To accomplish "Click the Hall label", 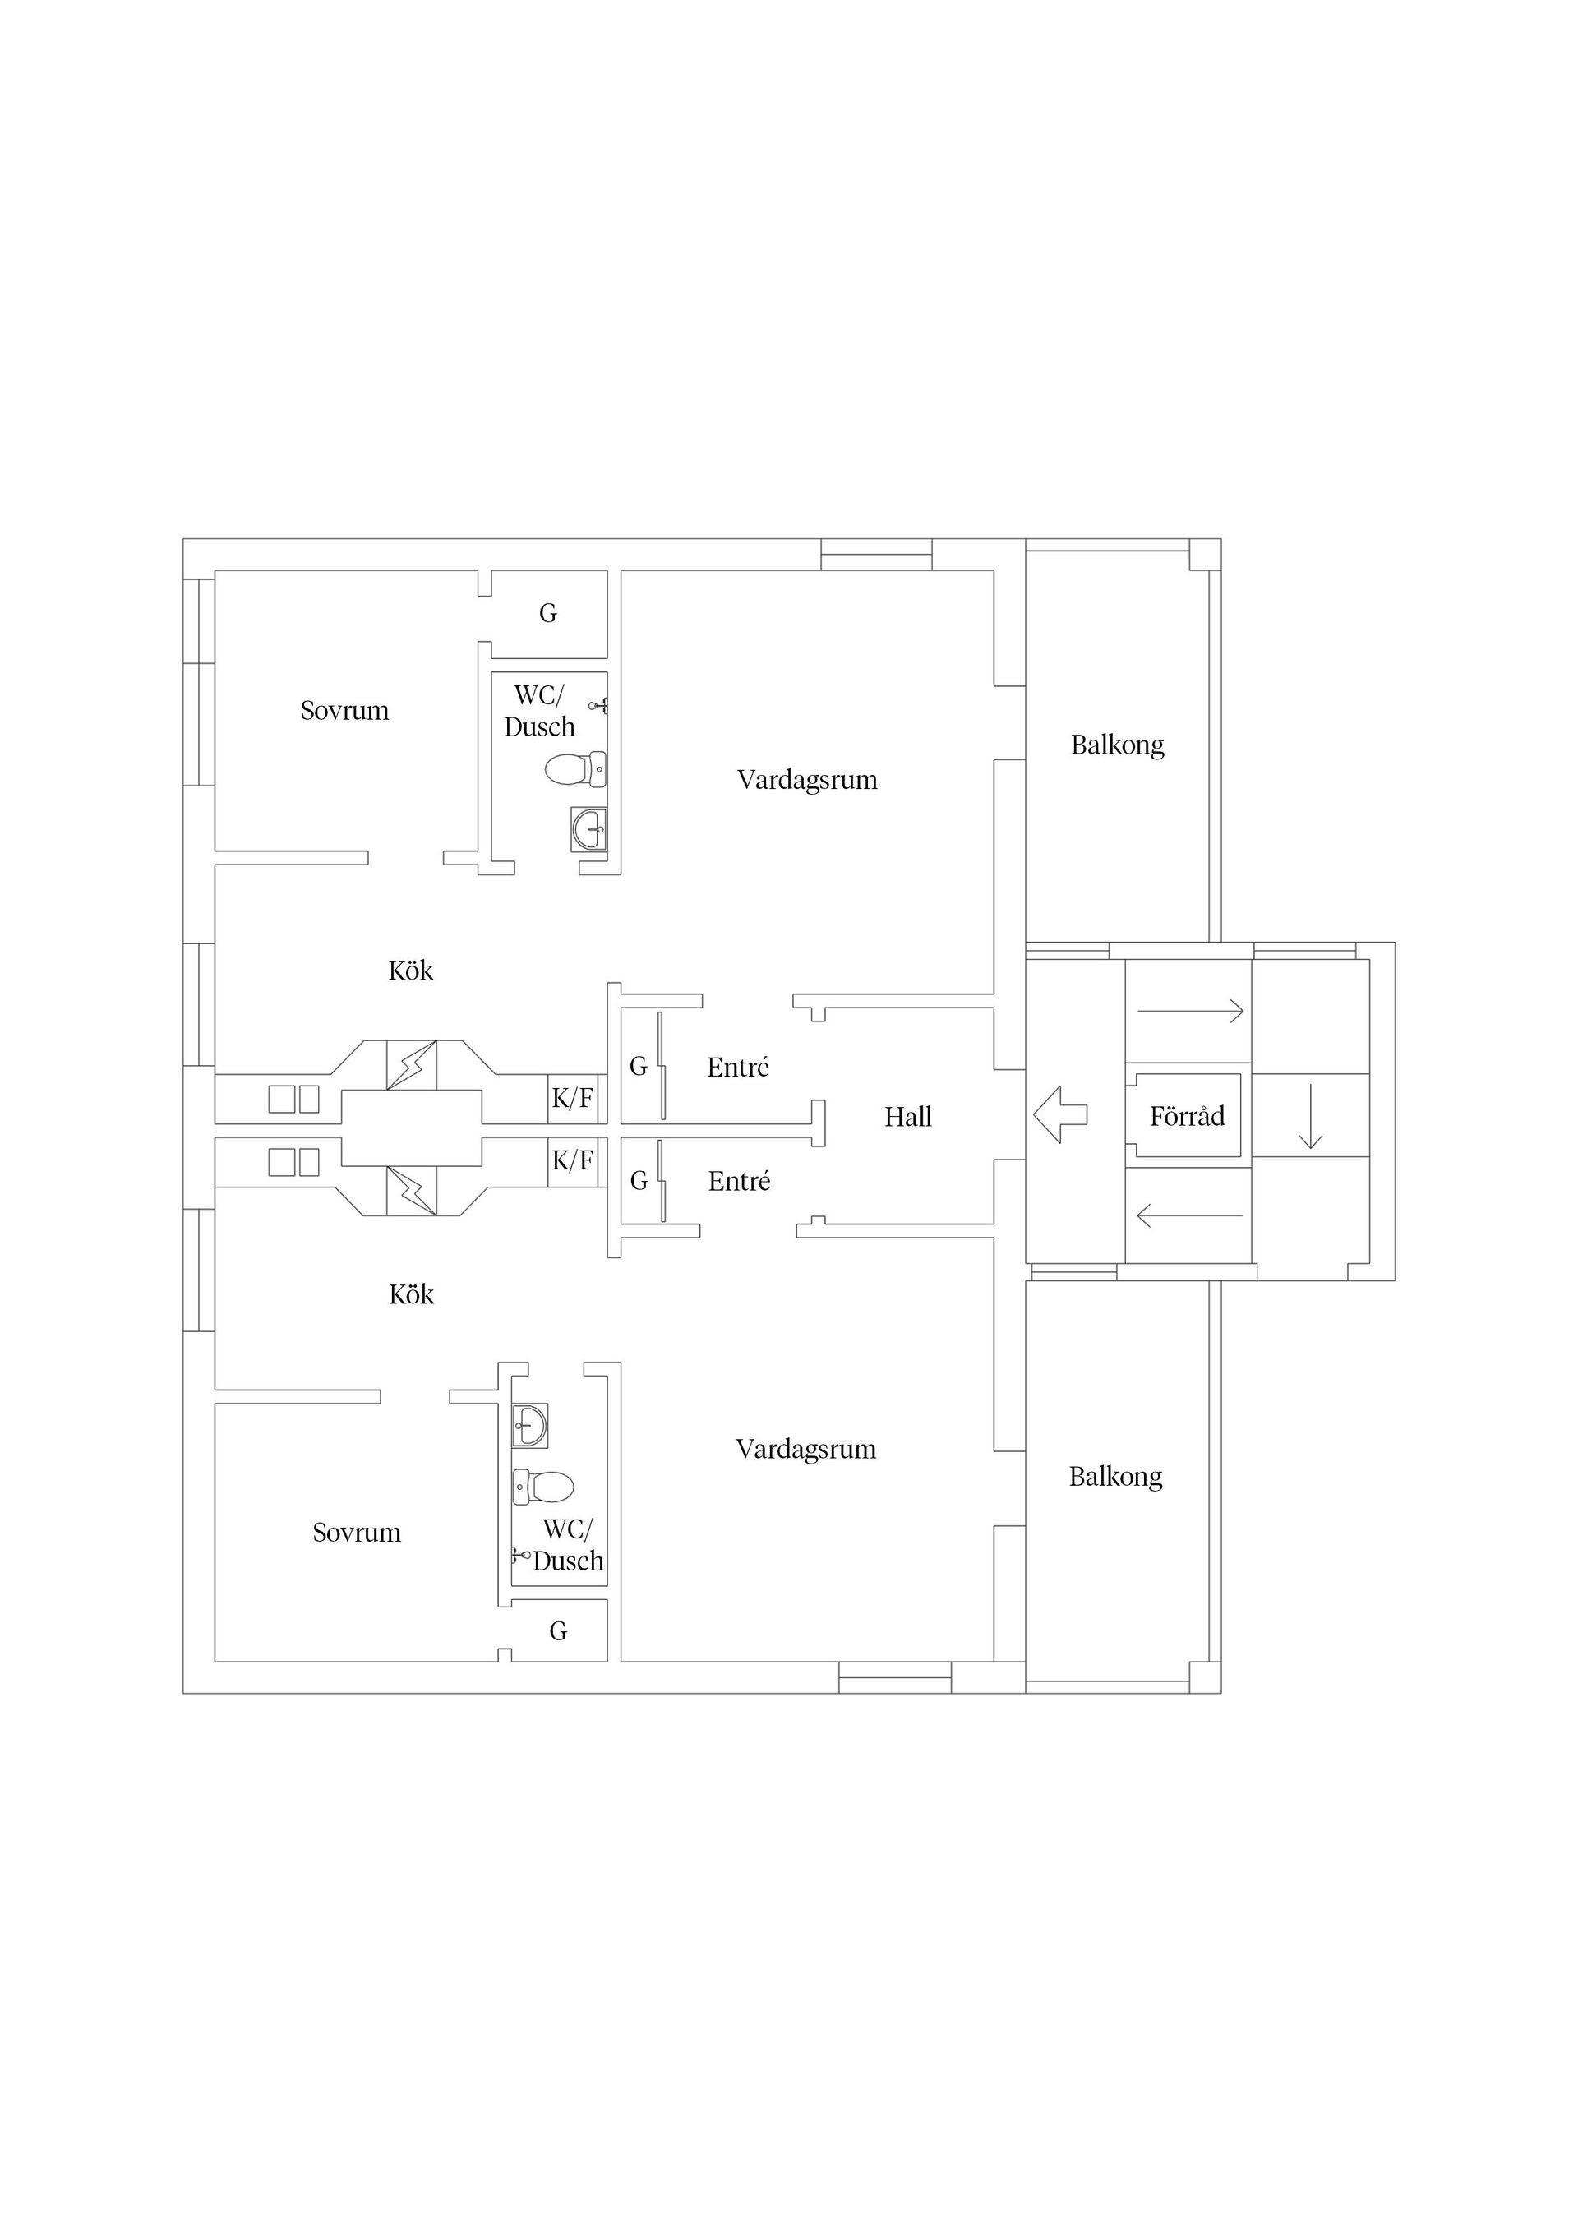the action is point(908,1117).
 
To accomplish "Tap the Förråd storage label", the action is point(1187,1116).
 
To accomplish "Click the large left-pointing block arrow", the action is point(1059,1114).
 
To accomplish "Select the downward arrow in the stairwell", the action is point(1311,1116).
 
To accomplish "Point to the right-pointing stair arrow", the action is point(1191,1011).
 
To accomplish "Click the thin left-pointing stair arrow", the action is point(1190,1215).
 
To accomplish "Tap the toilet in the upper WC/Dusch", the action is point(575,770).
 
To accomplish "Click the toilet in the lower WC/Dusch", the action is point(543,1487).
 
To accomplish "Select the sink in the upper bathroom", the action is point(588,829).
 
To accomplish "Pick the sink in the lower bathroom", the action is point(530,1425).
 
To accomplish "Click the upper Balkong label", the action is point(1117,745).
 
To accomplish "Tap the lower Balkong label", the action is point(1115,1477).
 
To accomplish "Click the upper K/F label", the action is point(573,1099).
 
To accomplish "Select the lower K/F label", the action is point(573,1160).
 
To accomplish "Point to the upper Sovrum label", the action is point(344,711).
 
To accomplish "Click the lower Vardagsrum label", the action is point(806,1450).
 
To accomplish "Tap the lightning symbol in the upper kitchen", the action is point(411,1064).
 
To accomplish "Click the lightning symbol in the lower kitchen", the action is point(411,1191).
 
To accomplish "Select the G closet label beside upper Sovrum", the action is point(548,613).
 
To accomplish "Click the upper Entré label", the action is point(738,1068).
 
